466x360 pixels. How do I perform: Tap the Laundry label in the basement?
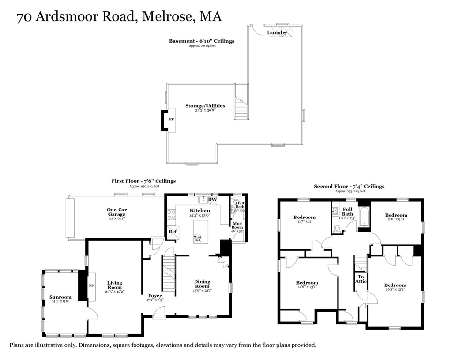pyautogui.click(x=277, y=33)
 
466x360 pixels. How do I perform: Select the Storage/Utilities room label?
pyautogui.click(x=205, y=106)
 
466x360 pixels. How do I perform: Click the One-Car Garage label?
pyautogui.click(x=116, y=212)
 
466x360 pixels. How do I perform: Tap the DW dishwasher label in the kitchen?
pyautogui.click(x=212, y=200)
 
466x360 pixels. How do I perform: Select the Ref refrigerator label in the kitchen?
pyautogui.click(x=173, y=231)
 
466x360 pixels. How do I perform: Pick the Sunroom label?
pyautogui.click(x=60, y=297)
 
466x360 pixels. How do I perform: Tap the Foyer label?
pyautogui.click(x=155, y=296)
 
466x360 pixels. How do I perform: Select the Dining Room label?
pyautogui.click(x=203, y=284)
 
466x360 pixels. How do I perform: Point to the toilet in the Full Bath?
pyautogui.click(x=336, y=228)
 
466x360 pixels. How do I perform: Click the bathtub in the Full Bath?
pyautogui.click(x=364, y=219)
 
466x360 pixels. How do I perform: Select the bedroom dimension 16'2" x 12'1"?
pyautogui.click(x=395, y=290)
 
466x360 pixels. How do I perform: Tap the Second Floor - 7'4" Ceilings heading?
pyautogui.click(x=349, y=186)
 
